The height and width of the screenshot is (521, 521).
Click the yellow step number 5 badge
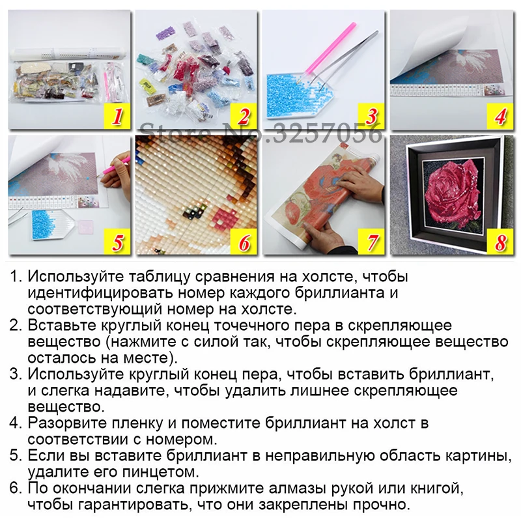pyautogui.click(x=117, y=242)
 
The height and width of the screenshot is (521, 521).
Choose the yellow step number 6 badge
pyautogui.click(x=244, y=242)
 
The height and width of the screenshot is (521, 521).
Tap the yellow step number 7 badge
pyautogui.click(x=371, y=242)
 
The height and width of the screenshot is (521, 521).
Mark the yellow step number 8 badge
pyautogui.click(x=500, y=242)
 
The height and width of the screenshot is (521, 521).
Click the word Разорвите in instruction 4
pyautogui.click(x=63, y=423)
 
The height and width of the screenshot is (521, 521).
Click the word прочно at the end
pyautogui.click(x=382, y=505)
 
